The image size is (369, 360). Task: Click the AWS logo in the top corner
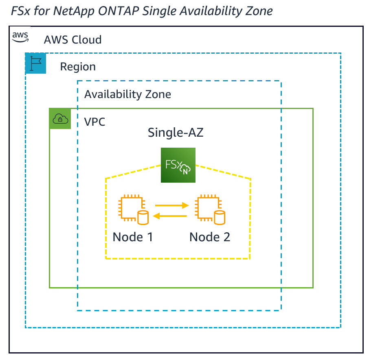pyautogui.click(x=20, y=37)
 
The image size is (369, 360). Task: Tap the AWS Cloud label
pyautogui.click(x=72, y=40)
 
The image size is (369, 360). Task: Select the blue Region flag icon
pyautogui.click(x=35, y=63)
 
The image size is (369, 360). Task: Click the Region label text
pyautogui.click(x=78, y=67)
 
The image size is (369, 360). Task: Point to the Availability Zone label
pyautogui.click(x=127, y=94)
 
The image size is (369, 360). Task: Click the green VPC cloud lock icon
pyautogui.click(x=60, y=118)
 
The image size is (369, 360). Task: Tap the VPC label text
pyautogui.click(x=94, y=122)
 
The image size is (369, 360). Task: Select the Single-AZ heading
pyautogui.click(x=176, y=133)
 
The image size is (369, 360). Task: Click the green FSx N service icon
pyautogui.click(x=178, y=165)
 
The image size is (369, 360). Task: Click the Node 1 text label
pyautogui.click(x=132, y=237)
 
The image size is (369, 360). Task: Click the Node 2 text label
pyautogui.click(x=210, y=237)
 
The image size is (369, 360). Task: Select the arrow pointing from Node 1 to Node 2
pyautogui.click(x=171, y=206)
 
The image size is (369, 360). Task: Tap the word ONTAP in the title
pyautogui.click(x=123, y=11)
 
